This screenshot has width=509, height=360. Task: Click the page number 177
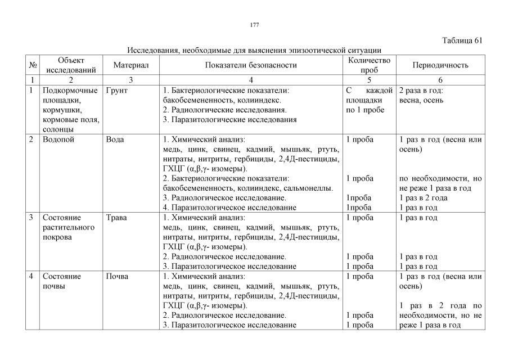pos(254,25)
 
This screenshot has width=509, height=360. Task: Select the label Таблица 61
pos(462,40)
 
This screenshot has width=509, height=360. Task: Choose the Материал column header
pos(130,65)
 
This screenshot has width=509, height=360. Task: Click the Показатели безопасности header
pos(251,65)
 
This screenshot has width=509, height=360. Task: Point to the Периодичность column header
pos(440,65)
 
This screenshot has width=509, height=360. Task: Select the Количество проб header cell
pos(369,65)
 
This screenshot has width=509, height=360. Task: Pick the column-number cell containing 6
pos(440,80)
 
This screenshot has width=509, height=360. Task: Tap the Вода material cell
pos(115,139)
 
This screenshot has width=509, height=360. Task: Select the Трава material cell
pos(116,217)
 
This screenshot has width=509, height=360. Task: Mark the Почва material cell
pos(117,277)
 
